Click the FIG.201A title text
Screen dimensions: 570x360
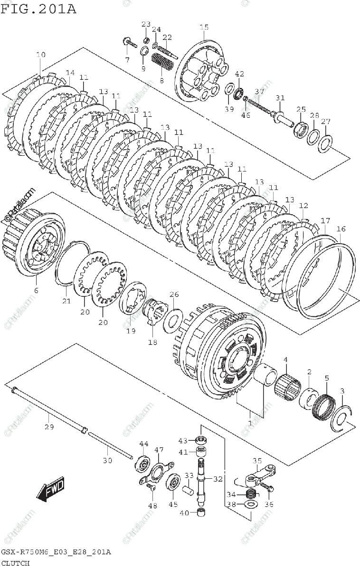(x=38, y=8)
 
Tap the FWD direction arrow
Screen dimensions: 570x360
(x=51, y=490)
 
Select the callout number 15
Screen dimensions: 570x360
(x=204, y=28)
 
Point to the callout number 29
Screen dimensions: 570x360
(x=49, y=427)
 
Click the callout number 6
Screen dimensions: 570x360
(x=36, y=290)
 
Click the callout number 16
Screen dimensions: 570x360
(x=341, y=229)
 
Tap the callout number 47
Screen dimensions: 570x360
(x=159, y=449)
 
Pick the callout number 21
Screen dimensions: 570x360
(x=66, y=301)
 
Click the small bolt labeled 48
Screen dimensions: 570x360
(x=151, y=486)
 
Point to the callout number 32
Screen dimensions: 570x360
(x=218, y=479)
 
